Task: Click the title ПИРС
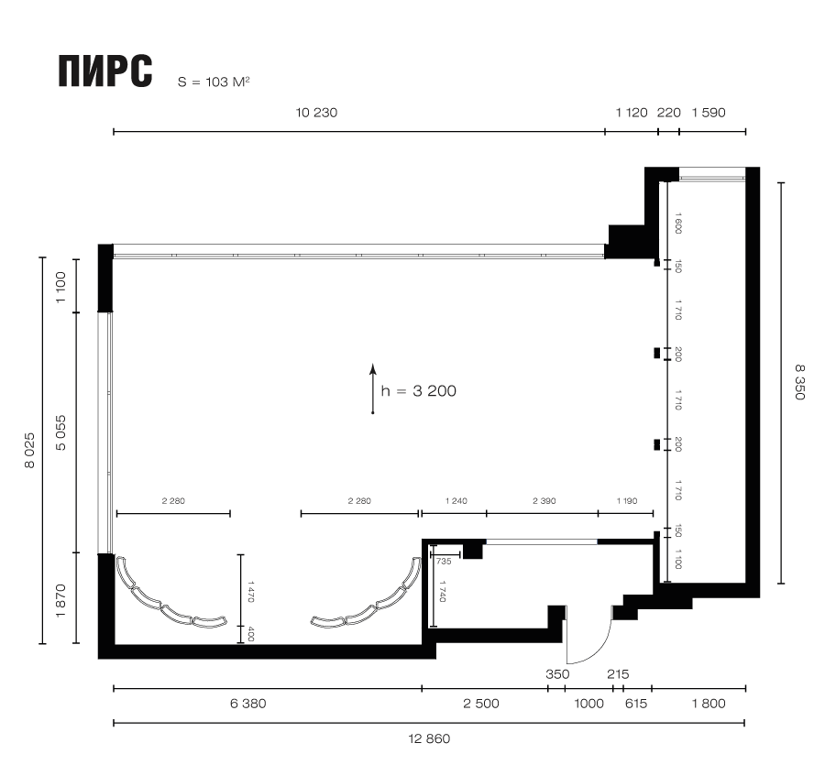[105, 71]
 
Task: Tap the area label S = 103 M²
[214, 82]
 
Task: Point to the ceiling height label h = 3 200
[418, 390]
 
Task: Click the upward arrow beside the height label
[372, 388]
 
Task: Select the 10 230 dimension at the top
[316, 113]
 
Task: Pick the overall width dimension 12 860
[429, 738]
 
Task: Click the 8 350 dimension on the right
[799, 382]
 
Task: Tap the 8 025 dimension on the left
[29, 450]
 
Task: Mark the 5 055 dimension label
[61, 432]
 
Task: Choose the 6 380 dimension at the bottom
[247, 704]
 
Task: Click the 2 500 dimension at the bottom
[481, 704]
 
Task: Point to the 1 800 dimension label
[709, 704]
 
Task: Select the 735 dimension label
[444, 562]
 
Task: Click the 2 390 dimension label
[544, 501]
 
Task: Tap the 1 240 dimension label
[456, 501]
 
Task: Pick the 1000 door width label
[588, 704]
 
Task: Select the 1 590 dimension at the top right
[709, 113]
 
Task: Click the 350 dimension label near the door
[557, 674]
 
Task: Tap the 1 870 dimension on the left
[61, 600]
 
